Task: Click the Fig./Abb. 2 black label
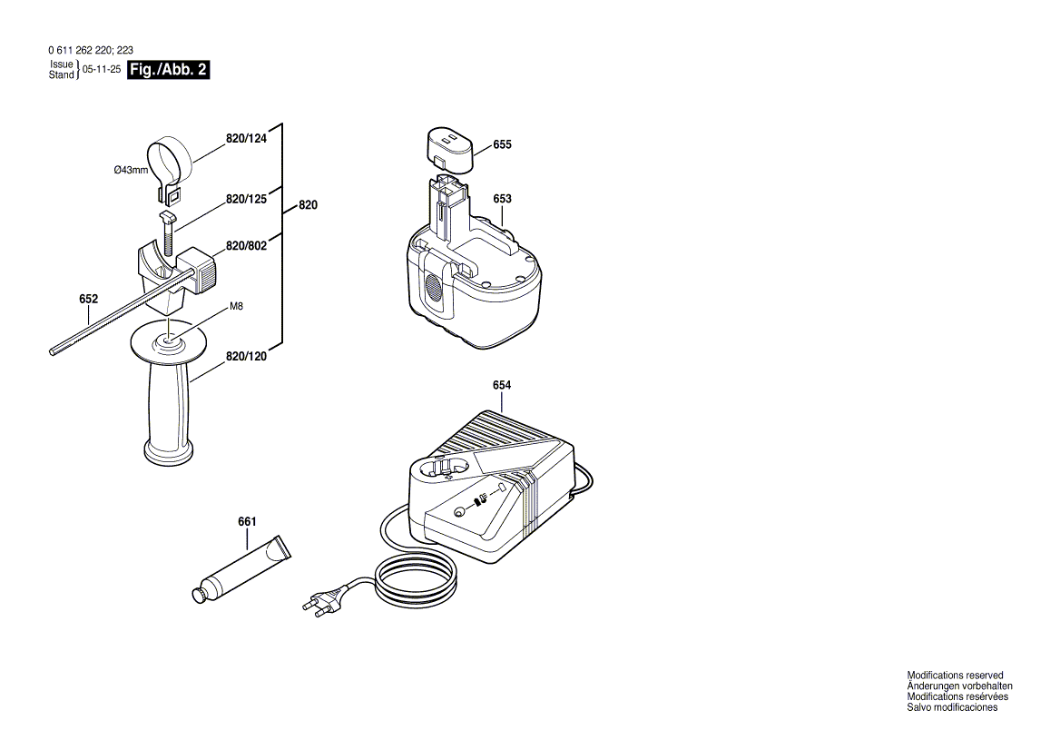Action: (169, 71)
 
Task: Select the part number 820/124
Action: (246, 139)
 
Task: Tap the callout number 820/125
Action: (246, 198)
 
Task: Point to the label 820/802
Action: (246, 246)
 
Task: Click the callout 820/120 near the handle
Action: (246, 357)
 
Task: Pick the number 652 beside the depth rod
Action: (88, 299)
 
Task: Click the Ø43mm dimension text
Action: (131, 170)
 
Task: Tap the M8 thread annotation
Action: (236, 307)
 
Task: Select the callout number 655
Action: (502, 144)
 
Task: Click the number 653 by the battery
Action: (502, 199)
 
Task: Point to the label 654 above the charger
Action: (502, 385)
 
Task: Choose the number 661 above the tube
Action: (247, 521)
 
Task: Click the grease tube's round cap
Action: (196, 595)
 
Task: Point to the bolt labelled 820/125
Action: (167, 233)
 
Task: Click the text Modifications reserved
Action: (955, 676)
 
